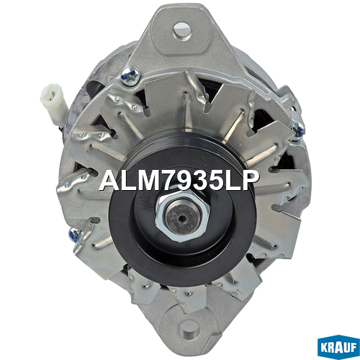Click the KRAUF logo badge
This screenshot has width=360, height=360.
[338, 347]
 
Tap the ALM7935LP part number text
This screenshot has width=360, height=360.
[179, 181]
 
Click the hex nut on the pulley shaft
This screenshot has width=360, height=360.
[183, 216]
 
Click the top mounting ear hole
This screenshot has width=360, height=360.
[183, 32]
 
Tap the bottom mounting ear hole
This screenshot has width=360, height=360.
[189, 330]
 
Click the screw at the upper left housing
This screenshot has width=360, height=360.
[130, 75]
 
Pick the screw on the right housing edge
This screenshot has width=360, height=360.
[298, 130]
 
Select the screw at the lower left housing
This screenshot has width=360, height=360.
[76, 234]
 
